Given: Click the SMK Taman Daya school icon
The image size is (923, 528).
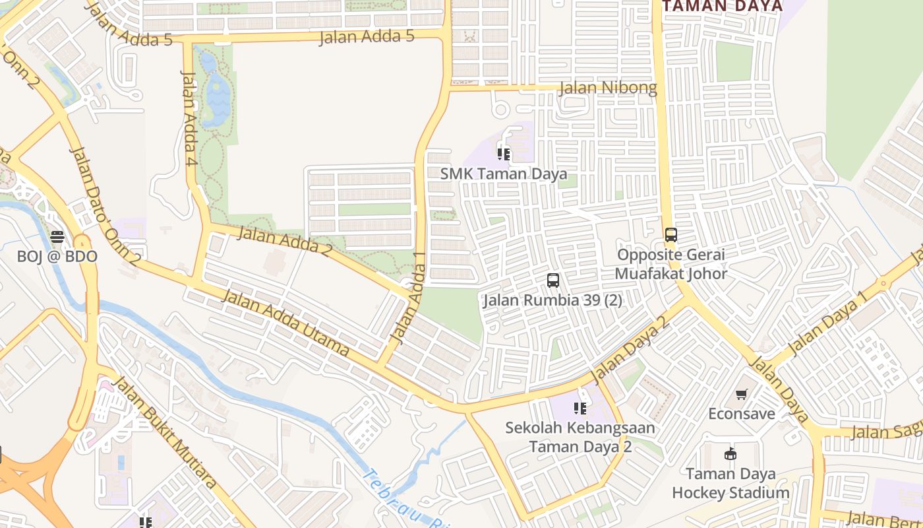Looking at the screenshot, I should [x=504, y=154].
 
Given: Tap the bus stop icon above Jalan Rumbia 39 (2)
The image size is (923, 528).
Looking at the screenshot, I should [x=553, y=280].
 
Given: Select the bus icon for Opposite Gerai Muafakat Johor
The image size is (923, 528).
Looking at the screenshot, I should [x=670, y=235].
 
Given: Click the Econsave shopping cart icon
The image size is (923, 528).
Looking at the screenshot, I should [x=742, y=394].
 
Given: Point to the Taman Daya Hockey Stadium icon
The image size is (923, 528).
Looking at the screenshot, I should [x=730, y=454].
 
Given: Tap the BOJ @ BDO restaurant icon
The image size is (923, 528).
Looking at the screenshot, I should [x=57, y=237].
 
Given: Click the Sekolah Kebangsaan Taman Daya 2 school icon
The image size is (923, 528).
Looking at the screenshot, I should [x=580, y=409].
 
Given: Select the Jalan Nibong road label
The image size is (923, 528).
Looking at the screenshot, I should [x=608, y=88].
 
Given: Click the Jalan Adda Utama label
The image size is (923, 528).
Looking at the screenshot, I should [x=285, y=323].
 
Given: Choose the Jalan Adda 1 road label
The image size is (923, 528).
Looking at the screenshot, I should [x=408, y=298].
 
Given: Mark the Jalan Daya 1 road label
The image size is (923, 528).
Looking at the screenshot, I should [x=828, y=323].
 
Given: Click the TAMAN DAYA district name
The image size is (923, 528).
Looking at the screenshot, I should [x=723, y=6].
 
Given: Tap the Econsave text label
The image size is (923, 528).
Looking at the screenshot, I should [x=742, y=414].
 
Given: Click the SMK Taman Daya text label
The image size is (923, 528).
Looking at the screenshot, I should [x=504, y=174].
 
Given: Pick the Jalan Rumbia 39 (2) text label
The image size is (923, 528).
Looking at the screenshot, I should [x=552, y=300].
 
